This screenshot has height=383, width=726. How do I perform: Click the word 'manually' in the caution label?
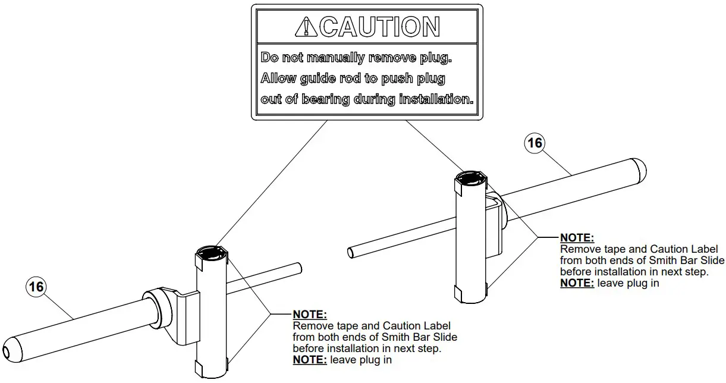[x=337, y=58]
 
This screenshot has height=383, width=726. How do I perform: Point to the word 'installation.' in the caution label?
[x=436, y=99]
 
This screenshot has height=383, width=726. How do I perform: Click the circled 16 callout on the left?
[x=36, y=287]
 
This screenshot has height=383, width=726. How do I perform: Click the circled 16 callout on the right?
[x=535, y=143]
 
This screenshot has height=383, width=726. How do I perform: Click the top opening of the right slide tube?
[x=470, y=177]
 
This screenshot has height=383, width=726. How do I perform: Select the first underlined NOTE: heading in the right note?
[x=577, y=238]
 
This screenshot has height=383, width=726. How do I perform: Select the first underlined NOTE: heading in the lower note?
[x=310, y=314]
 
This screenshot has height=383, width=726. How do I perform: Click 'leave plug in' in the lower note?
[x=361, y=359]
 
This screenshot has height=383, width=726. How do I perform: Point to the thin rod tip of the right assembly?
[x=351, y=252]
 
